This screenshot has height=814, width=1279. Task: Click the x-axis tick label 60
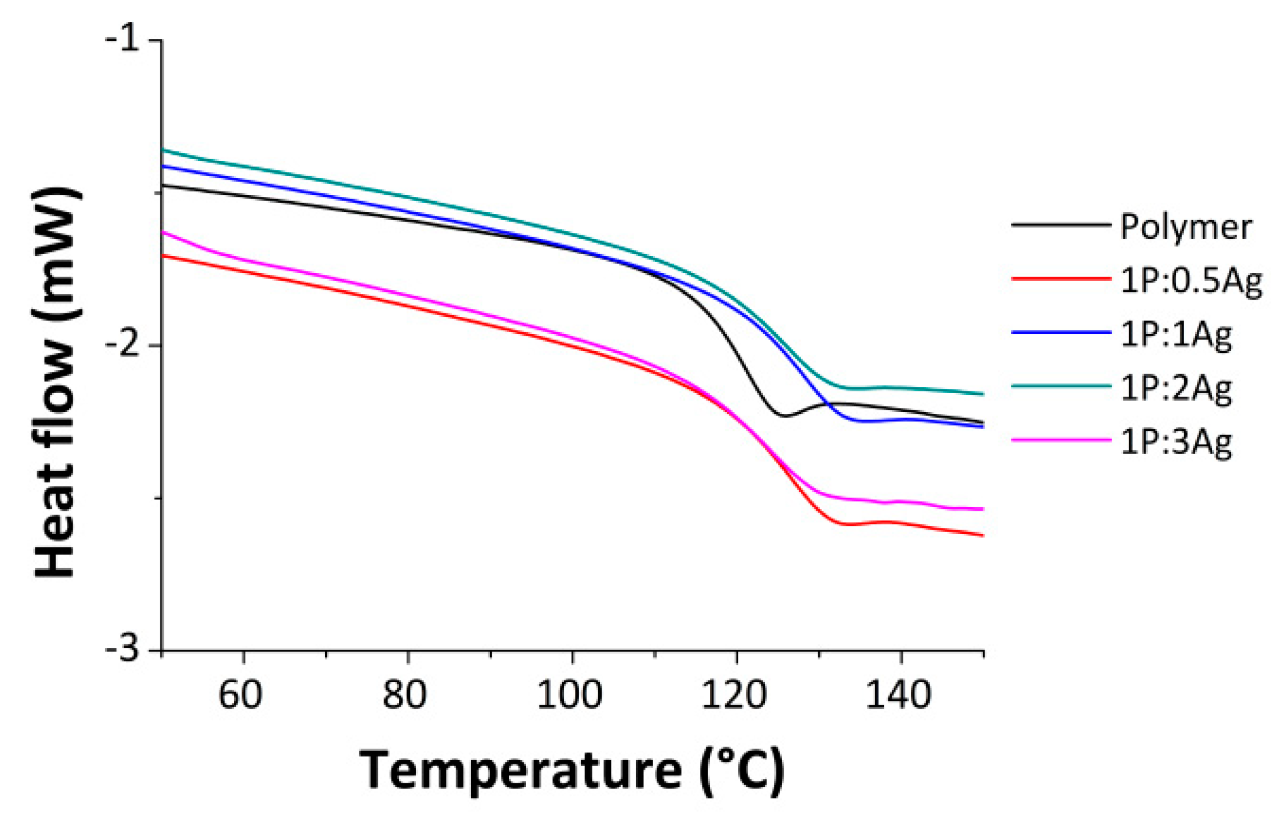240,695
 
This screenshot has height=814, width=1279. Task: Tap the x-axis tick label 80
404,695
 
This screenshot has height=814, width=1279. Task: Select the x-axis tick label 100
569,695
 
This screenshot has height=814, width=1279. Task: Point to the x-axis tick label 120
733,695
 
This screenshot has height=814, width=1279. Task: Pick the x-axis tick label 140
898,695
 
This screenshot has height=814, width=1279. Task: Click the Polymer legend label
1186,228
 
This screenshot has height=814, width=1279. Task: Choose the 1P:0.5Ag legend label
1191,281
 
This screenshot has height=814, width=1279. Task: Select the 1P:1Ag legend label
1176,335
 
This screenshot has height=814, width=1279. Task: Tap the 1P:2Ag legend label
1176,389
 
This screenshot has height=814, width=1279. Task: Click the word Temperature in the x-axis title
520,771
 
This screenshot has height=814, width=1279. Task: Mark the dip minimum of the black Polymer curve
784,416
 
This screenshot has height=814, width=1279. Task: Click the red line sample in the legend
1061,278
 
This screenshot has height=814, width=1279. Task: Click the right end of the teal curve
982,394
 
